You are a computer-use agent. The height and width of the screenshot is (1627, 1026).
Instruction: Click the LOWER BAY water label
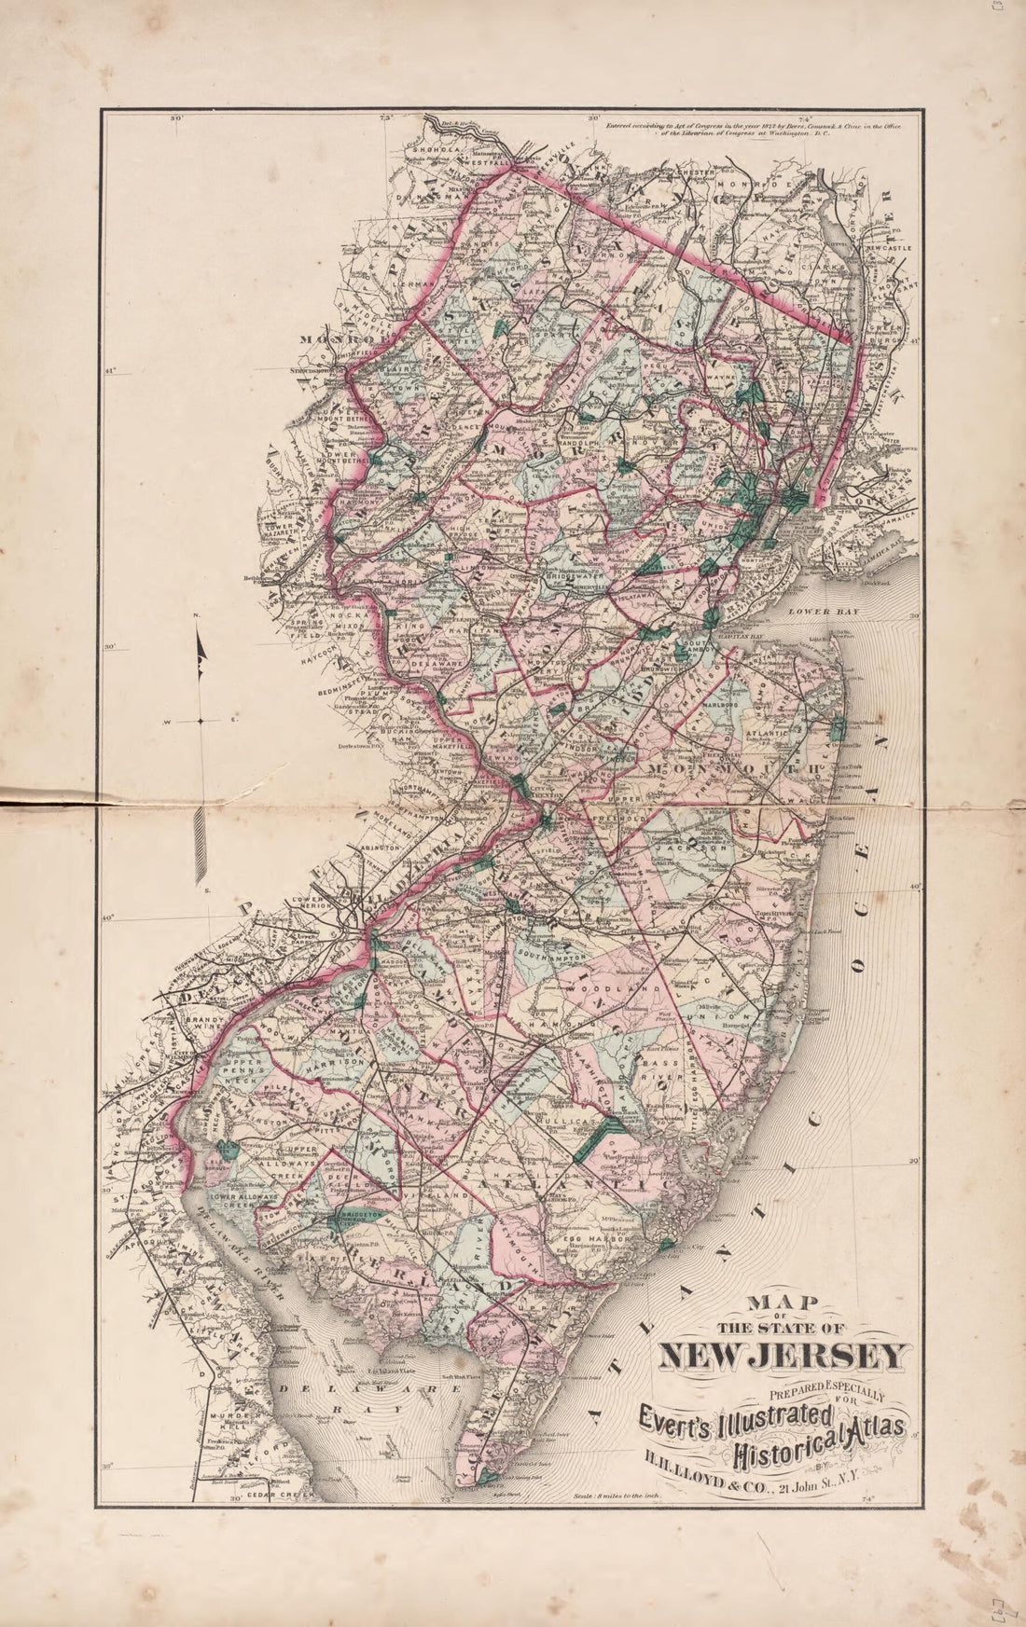point(814,613)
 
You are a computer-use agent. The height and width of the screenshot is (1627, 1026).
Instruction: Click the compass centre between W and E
point(201,721)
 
